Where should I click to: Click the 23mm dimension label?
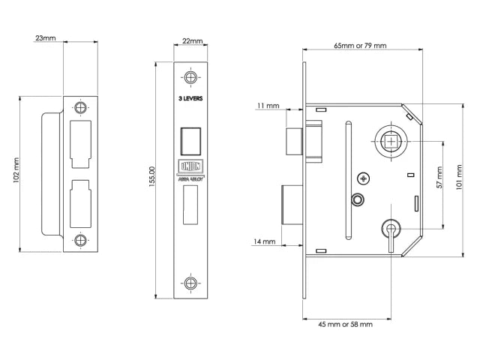click(46, 38)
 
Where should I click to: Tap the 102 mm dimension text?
click(16, 170)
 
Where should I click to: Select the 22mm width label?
click(193, 41)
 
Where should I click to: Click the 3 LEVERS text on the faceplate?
click(190, 98)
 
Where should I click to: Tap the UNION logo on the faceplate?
click(190, 166)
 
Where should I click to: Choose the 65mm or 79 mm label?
click(360, 46)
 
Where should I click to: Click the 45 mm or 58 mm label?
click(345, 325)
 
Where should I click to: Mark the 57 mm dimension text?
click(439, 178)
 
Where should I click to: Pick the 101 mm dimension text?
click(459, 177)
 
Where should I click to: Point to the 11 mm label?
click(268, 106)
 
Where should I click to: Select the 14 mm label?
click(264, 241)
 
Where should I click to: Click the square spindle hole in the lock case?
click(391, 142)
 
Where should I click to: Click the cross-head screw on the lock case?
click(364, 178)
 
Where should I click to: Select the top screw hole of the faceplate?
click(190, 77)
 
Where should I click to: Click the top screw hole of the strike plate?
click(80, 107)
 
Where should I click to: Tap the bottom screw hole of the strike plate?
click(80, 241)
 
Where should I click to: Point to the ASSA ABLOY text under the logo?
click(190, 178)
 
